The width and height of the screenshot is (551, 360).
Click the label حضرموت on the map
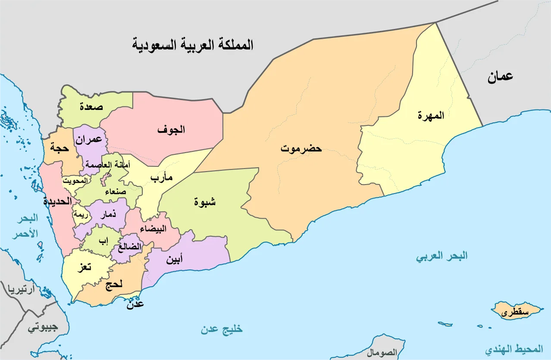(x=301, y=149)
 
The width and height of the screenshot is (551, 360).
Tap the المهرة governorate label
(x=431, y=116)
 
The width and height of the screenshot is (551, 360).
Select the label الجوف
(x=171, y=129)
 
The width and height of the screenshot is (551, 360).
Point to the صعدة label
(x=91, y=106)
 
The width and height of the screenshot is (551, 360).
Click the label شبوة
(x=205, y=201)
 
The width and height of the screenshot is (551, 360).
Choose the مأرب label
(x=162, y=178)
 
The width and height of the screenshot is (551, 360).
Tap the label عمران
(x=89, y=139)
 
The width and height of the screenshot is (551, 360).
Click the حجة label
(x=59, y=147)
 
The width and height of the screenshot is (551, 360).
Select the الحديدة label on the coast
(x=57, y=201)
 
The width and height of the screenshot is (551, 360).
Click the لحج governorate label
(x=114, y=284)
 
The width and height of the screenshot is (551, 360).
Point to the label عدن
(x=135, y=304)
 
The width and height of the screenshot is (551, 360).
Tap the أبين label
(x=174, y=259)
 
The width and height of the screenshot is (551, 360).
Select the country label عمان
(x=500, y=77)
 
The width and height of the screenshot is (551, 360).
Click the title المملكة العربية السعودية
(x=193, y=44)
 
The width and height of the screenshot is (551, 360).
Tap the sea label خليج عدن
(x=221, y=329)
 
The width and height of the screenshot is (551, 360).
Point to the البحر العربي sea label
(x=441, y=256)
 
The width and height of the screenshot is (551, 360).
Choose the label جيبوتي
(x=43, y=327)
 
